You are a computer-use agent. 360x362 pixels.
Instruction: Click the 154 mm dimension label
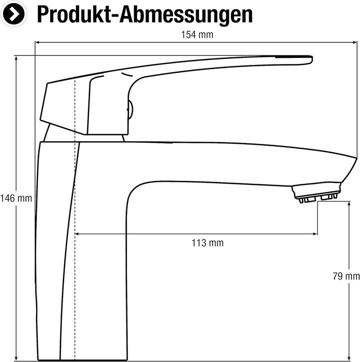[x=197, y=35]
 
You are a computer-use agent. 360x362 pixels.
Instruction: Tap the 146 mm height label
[x=16, y=198]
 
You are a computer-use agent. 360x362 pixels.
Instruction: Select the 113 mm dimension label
[x=207, y=243]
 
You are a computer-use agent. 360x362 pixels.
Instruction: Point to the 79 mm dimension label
[x=346, y=276]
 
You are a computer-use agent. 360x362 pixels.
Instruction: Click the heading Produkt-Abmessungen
[x=144, y=14]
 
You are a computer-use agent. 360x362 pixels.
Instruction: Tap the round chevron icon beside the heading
[x=13, y=14]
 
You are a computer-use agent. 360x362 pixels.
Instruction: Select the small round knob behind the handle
[x=130, y=110]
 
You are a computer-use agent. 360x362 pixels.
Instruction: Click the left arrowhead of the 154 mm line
[x=37, y=42]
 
